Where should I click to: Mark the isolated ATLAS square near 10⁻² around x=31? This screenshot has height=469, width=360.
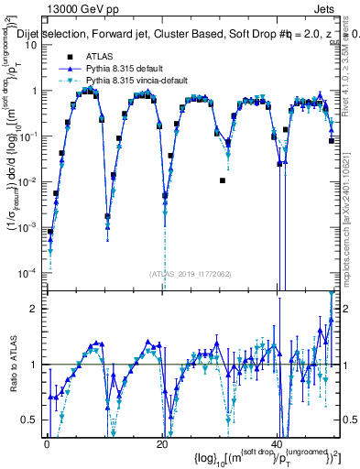tap(223, 180)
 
